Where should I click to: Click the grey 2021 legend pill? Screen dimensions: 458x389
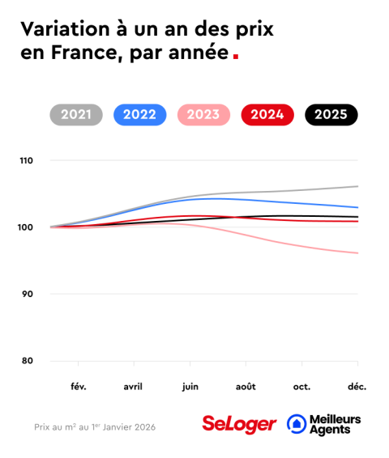[x=76, y=115]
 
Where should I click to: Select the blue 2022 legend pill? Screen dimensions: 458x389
[x=139, y=115]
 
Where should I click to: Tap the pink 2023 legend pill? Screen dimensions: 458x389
[x=203, y=115]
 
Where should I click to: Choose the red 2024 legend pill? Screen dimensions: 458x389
[x=267, y=115]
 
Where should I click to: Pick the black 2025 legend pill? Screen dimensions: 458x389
[x=331, y=115]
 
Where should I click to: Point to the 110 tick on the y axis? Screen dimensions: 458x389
[x=27, y=161]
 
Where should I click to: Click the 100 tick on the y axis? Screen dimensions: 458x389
[x=27, y=227]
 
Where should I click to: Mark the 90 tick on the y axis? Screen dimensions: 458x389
[x=28, y=294]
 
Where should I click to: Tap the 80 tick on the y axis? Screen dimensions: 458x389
[x=28, y=361]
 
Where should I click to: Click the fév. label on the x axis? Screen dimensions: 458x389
[x=79, y=387]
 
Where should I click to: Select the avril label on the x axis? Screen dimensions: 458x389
[x=134, y=387]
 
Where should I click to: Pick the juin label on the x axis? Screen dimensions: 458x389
[x=190, y=387]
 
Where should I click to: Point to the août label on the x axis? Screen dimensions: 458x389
[x=246, y=387]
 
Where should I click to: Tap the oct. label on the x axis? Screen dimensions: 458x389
[x=301, y=387]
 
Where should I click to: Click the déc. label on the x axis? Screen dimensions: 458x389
[x=357, y=387]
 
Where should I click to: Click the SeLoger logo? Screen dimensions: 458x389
[x=239, y=424]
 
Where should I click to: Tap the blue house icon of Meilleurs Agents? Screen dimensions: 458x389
[x=297, y=424]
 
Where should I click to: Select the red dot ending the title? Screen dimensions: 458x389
[x=235, y=57]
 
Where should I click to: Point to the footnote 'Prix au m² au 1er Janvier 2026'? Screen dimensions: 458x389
[x=95, y=426]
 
